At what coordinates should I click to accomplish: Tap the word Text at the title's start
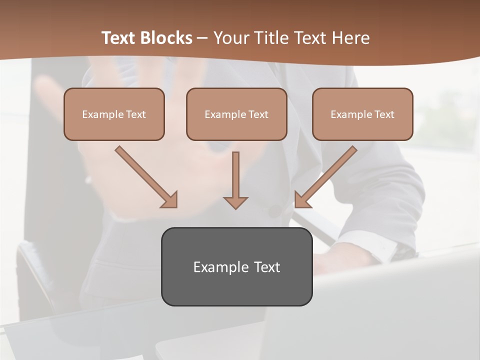(120, 38)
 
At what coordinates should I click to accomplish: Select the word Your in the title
(231, 38)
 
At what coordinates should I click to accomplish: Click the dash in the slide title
(202, 38)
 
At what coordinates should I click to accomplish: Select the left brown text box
(114, 114)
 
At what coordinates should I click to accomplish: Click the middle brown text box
(236, 114)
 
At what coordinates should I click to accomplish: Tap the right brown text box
(362, 114)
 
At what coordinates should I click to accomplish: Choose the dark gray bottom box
(236, 266)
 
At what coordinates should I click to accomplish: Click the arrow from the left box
(142, 173)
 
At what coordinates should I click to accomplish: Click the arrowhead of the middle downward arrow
(235, 202)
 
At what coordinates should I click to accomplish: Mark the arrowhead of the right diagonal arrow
(302, 199)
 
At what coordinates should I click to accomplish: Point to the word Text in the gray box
(266, 267)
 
